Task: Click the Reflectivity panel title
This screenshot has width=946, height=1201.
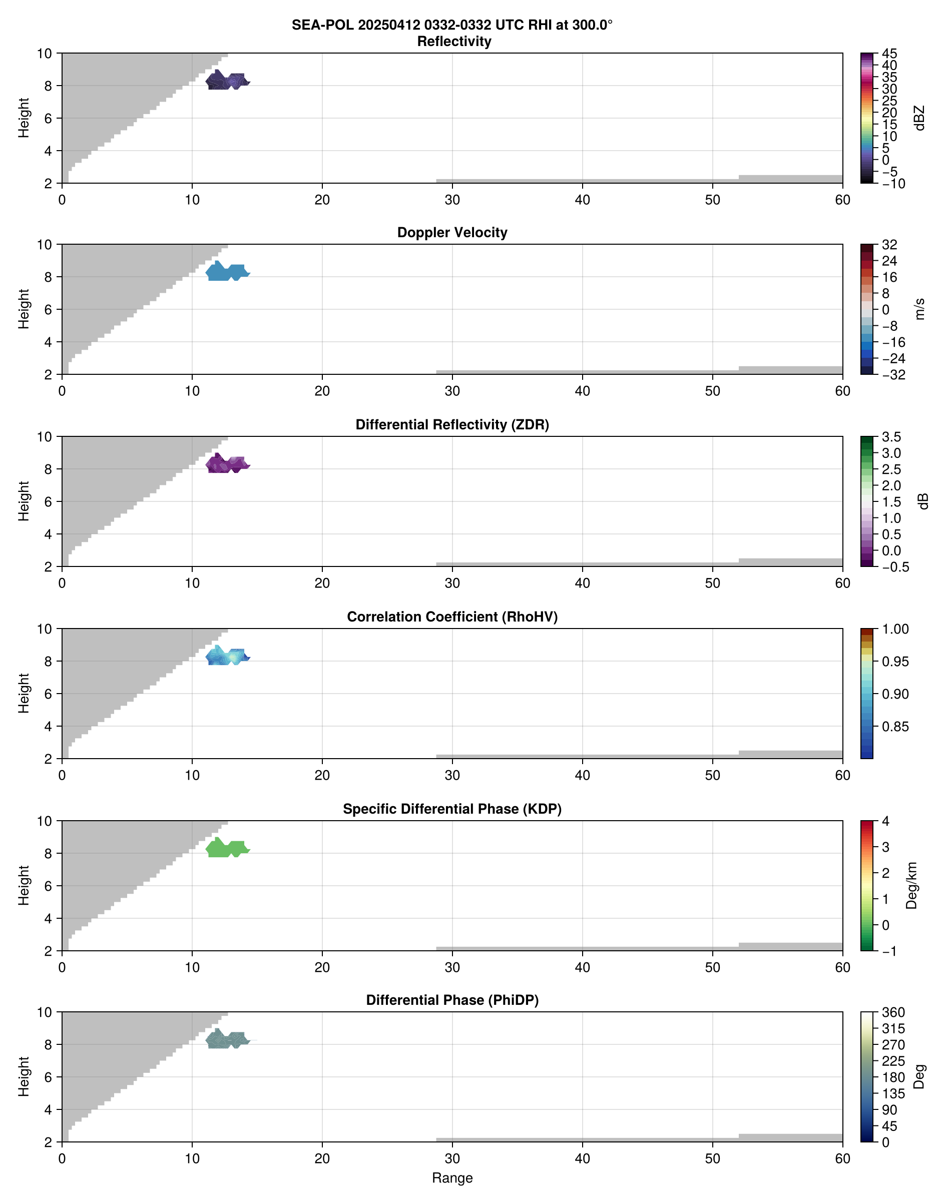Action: click(454, 42)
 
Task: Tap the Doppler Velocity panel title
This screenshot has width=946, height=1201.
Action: click(452, 233)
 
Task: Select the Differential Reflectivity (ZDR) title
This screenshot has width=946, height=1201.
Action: click(452, 425)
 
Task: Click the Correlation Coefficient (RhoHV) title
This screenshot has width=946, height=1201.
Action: click(452, 617)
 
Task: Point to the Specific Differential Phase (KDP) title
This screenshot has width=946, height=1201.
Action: click(452, 809)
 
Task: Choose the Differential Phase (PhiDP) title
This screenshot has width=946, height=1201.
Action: click(452, 1000)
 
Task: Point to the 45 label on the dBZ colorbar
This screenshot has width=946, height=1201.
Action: click(889, 54)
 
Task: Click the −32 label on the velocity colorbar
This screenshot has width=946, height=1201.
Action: click(893, 375)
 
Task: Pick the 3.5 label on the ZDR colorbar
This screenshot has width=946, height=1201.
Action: click(891, 437)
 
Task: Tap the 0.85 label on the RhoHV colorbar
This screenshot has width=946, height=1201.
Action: click(894, 727)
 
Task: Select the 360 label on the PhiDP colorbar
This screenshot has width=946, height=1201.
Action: click(893, 1013)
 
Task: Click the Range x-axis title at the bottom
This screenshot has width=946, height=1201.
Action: click(452, 1178)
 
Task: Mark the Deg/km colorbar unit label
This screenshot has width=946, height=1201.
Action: click(911, 885)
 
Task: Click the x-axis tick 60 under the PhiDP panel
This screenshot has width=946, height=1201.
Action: click(842, 1158)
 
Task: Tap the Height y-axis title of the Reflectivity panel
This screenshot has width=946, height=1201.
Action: click(23, 118)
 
